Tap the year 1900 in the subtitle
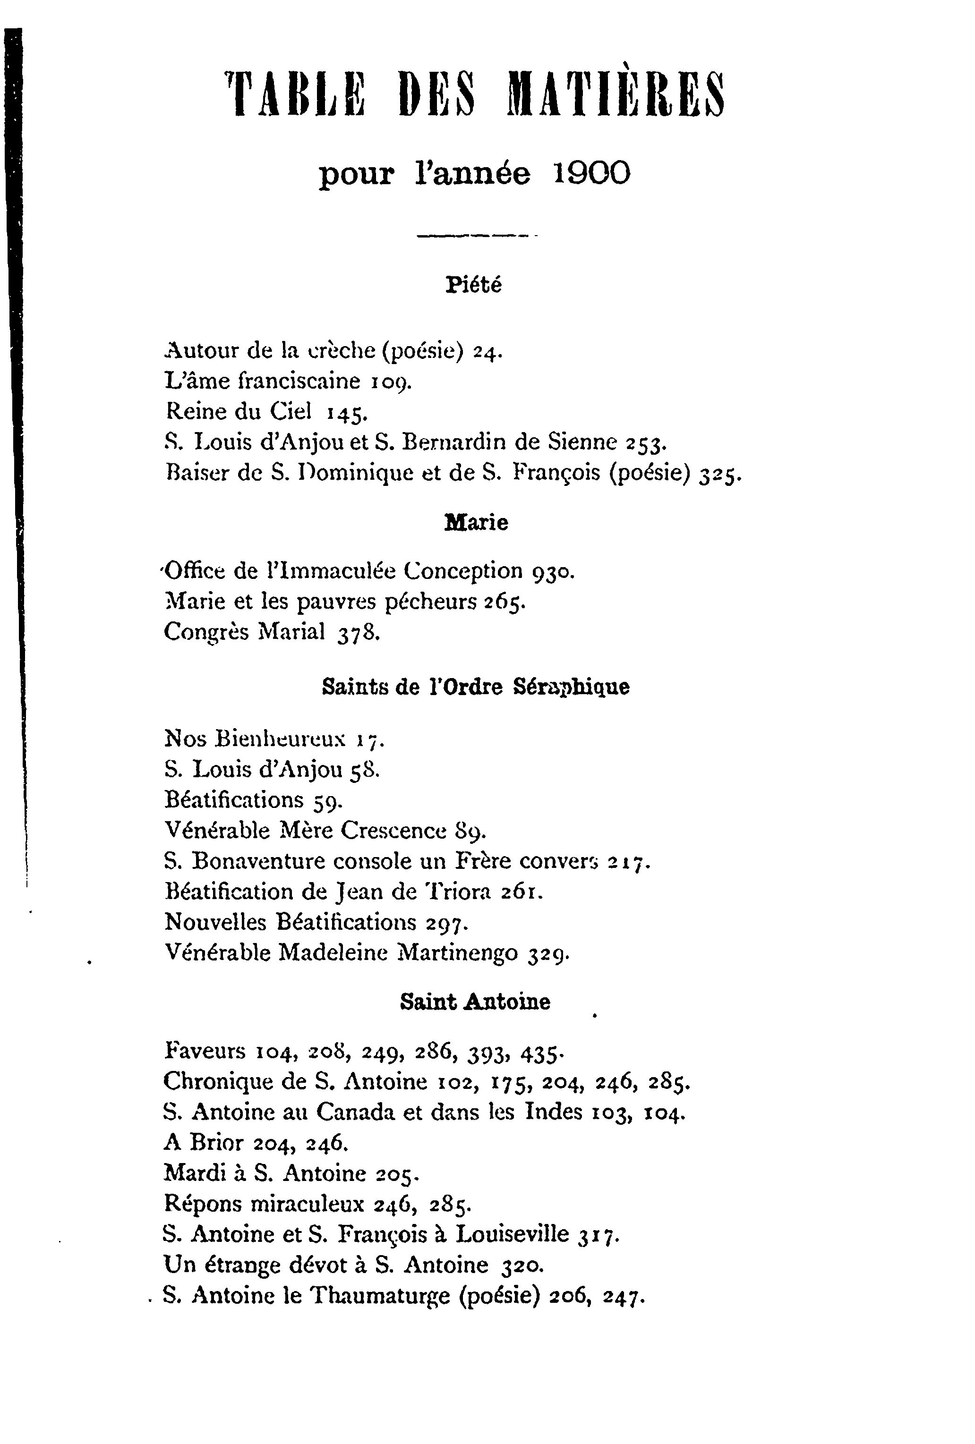[x=591, y=173]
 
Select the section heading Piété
[x=473, y=285]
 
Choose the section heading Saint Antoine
[x=475, y=1002]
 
